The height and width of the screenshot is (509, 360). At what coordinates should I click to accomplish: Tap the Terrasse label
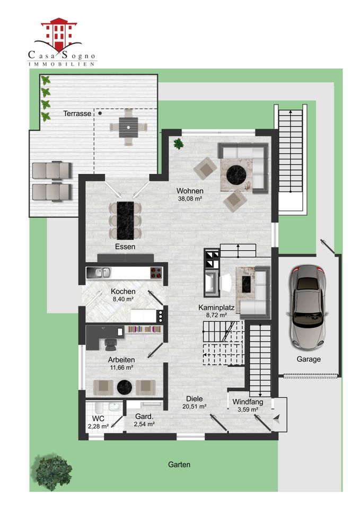pos(77,113)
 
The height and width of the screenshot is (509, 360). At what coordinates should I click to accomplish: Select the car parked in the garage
pos(308,307)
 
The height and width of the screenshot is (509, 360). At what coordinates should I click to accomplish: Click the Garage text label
pos(309,359)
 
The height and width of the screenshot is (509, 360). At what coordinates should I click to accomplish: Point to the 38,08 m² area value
pos(190,199)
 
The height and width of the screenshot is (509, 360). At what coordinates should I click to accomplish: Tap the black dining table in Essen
pos(125,221)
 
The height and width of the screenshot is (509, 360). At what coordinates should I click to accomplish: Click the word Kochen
pos(123,291)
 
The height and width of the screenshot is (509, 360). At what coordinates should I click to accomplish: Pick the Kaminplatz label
pos(216,307)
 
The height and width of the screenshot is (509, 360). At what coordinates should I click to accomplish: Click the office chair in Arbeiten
pos(111,344)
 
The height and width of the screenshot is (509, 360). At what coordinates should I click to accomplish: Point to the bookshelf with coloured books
pos(144,329)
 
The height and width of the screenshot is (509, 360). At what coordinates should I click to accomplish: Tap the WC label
pos(98,418)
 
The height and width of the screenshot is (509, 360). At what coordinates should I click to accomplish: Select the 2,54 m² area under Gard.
pos(144,424)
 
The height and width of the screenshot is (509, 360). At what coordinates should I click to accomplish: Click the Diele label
pos(194,399)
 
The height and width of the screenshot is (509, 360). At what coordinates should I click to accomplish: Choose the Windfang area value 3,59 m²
pos(248,410)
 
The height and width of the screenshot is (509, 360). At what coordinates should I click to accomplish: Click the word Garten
pos(179,464)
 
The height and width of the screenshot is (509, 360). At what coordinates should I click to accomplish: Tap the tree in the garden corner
pos(51,472)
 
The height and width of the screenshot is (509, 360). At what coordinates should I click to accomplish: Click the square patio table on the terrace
pos(128,127)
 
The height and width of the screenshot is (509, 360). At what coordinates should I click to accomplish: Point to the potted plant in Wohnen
pos(178,143)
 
